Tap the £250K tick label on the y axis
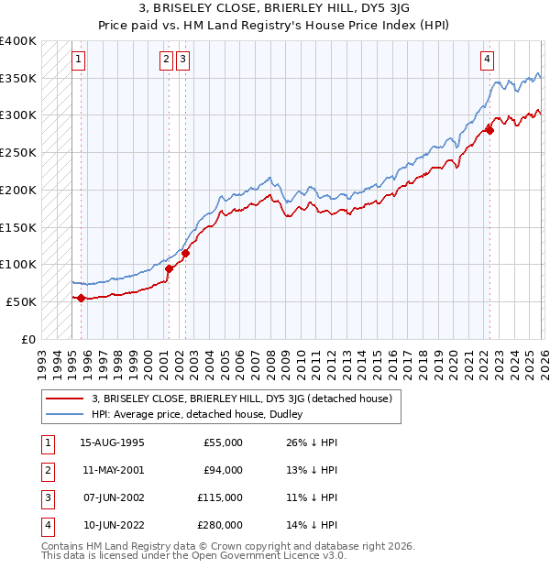click(18, 152)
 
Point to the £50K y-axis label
click(21, 301)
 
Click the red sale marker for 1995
click(81, 298)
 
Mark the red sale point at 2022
click(489, 130)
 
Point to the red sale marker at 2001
click(169, 268)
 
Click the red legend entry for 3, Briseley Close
click(241, 399)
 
